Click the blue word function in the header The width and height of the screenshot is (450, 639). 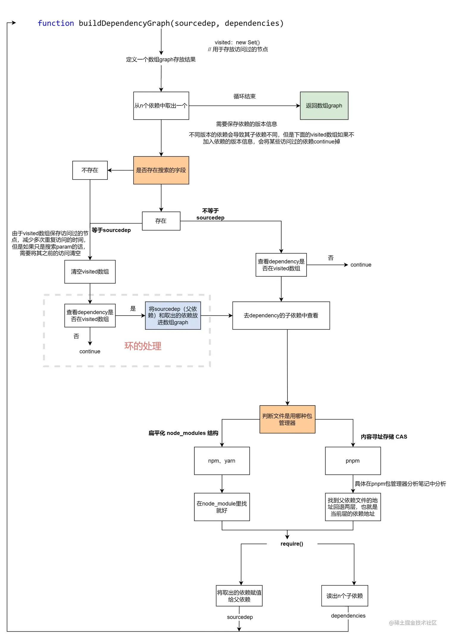[x=56, y=23]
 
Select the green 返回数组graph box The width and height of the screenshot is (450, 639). [x=324, y=106]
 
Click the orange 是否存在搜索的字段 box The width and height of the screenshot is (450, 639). [x=161, y=170]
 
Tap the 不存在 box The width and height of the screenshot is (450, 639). [x=90, y=170]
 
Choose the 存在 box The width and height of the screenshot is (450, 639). [x=161, y=221]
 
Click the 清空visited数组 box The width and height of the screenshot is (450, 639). [x=90, y=272]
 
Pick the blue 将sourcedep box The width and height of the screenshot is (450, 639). [x=173, y=316]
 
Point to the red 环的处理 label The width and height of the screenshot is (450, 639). [x=143, y=346]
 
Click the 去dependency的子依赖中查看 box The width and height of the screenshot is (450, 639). [x=281, y=316]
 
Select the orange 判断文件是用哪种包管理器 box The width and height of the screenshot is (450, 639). [x=287, y=419]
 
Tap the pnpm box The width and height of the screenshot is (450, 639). [x=353, y=461]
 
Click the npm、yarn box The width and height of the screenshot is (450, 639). [x=222, y=461]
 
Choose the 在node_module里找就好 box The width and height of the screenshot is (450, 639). [x=222, y=507]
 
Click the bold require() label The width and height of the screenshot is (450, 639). [x=292, y=544]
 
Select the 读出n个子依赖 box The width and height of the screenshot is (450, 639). [x=345, y=596]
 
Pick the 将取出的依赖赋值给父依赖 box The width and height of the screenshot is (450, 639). [x=239, y=596]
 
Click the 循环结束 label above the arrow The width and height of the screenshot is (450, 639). [x=244, y=96]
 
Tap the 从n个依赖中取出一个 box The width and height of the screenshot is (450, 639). [x=161, y=106]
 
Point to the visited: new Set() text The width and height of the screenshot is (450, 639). [x=237, y=43]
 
